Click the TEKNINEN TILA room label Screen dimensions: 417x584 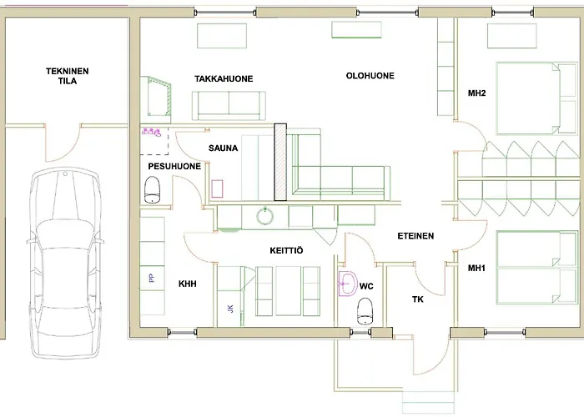(63, 77)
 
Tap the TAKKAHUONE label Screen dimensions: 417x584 (224, 79)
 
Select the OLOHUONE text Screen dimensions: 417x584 (370, 76)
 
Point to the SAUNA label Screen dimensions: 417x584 (224, 148)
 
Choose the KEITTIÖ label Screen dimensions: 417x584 (285, 249)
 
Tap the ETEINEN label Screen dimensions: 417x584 (415, 236)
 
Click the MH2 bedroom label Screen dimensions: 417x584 (477, 93)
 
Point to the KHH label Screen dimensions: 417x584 (187, 284)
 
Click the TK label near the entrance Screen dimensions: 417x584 (419, 299)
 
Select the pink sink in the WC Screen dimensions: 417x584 (348, 283)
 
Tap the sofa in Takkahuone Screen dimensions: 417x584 (231, 104)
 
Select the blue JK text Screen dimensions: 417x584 (230, 310)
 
